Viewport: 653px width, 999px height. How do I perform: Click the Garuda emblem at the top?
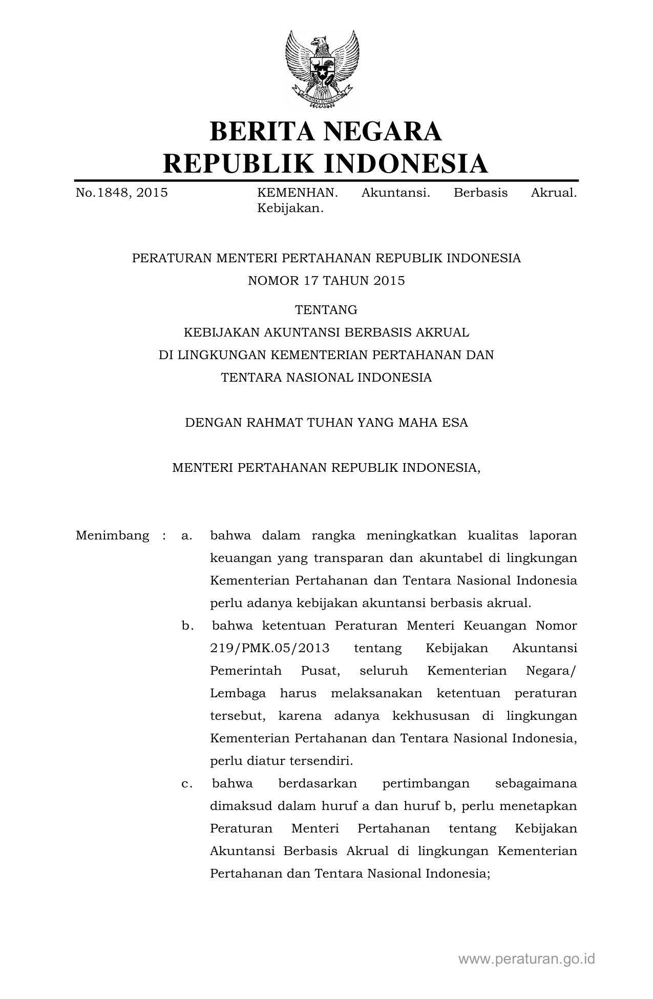coord(322,69)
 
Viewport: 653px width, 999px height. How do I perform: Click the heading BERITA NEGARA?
coord(326,131)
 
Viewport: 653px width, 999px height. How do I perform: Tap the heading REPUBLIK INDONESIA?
coord(326,163)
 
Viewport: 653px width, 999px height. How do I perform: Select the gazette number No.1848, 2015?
coord(122,193)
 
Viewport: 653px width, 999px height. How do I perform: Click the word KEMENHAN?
coord(297,193)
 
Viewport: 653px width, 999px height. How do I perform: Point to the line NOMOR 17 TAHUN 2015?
coord(326,281)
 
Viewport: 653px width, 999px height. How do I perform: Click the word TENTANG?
coord(326,310)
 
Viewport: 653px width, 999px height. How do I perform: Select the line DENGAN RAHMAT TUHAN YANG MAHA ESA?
coord(326,423)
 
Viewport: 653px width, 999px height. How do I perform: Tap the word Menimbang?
coord(112,536)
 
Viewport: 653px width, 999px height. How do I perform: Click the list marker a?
coord(186,536)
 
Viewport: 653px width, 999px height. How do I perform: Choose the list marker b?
coord(187,626)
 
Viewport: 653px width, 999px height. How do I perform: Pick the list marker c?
coord(187,784)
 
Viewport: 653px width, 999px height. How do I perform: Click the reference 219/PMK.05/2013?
coord(269,649)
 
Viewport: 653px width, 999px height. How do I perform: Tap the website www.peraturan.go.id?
coord(526,959)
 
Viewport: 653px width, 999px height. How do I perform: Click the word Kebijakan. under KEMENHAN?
coord(290,209)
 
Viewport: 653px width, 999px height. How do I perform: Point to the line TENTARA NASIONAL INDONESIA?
coord(326,378)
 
